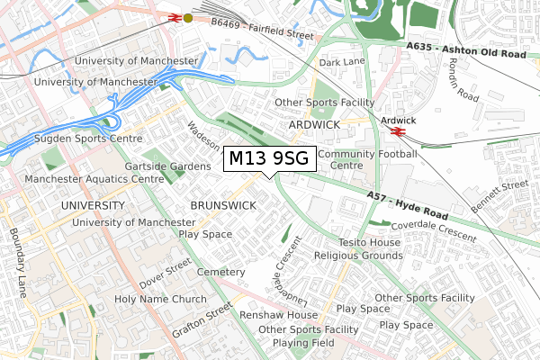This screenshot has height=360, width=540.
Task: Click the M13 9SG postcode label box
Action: pyautogui.click(x=268, y=159)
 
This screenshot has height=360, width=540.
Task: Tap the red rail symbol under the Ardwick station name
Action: pyautogui.click(x=397, y=132)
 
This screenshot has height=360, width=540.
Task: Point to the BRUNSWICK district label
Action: pyautogui.click(x=223, y=205)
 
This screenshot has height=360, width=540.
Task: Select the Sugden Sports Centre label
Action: pyautogui.click(x=88, y=139)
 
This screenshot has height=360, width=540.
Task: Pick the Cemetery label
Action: pyautogui.click(x=220, y=272)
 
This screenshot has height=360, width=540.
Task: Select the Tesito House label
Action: pyautogui.click(x=369, y=243)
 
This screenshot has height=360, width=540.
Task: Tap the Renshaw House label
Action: pyautogui.click(x=278, y=316)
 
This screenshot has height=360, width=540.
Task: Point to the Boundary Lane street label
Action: pyautogui.click(x=17, y=263)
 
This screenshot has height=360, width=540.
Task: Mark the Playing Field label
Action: pyautogui.click(x=304, y=343)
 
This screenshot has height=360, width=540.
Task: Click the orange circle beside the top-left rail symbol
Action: pyautogui.click(x=187, y=18)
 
